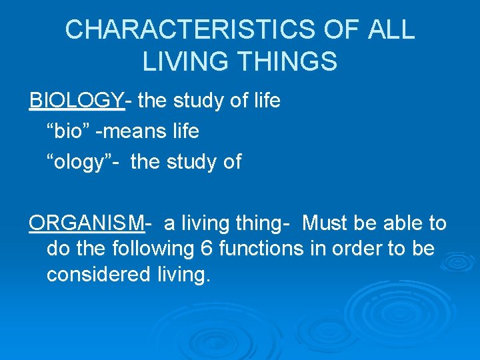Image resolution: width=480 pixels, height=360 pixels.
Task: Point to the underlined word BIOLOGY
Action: pyautogui.click(x=77, y=101)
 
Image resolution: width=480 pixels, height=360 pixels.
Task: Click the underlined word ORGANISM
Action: pyautogui.click(x=87, y=223)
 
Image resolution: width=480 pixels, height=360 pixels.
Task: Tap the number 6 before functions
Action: pyautogui.click(x=207, y=249)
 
